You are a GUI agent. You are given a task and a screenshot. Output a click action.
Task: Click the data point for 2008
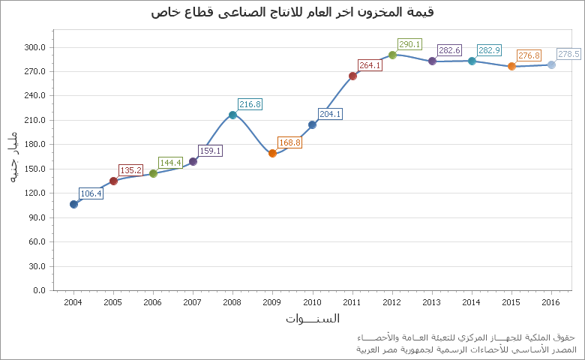[x=232, y=115]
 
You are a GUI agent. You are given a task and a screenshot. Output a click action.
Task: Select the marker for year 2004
[x=73, y=204]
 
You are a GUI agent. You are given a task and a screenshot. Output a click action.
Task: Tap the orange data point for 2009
[x=272, y=153]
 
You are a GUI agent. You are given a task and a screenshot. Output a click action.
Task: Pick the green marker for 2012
[x=392, y=55]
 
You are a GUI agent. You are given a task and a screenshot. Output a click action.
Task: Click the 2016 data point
[x=551, y=64]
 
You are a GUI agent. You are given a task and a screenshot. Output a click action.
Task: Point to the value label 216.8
[x=250, y=104]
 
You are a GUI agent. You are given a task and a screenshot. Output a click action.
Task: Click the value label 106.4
[x=91, y=193]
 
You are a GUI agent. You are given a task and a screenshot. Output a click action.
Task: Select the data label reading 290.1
[x=409, y=44]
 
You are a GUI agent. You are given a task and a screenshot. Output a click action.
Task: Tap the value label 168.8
[x=289, y=142]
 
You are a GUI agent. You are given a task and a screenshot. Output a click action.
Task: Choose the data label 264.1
[x=370, y=65]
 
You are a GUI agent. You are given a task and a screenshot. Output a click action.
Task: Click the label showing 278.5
[x=568, y=54]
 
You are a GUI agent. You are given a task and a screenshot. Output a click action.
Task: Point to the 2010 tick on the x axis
[x=312, y=302]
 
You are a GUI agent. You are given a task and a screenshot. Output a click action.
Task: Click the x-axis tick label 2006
[x=153, y=302]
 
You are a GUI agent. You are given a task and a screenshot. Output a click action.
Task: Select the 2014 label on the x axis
[x=472, y=302]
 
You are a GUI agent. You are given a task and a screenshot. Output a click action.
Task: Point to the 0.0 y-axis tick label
[x=39, y=290]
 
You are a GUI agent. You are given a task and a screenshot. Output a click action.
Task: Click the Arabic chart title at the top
[x=292, y=12]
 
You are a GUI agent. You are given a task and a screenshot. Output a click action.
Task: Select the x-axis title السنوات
[x=312, y=319]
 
